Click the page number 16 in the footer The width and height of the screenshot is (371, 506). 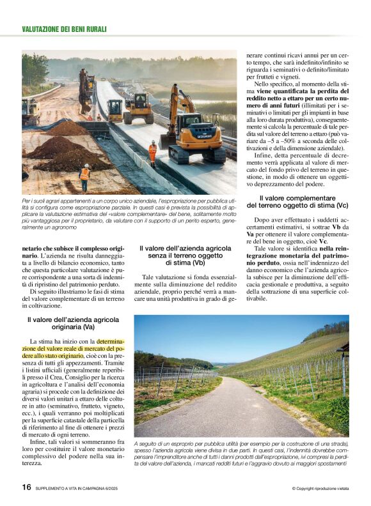tap(26, 487)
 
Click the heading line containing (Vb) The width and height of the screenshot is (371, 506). tap(177, 262)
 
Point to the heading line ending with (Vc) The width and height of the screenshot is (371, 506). tap(297, 206)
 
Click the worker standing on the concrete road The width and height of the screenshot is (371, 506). tap(152, 152)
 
